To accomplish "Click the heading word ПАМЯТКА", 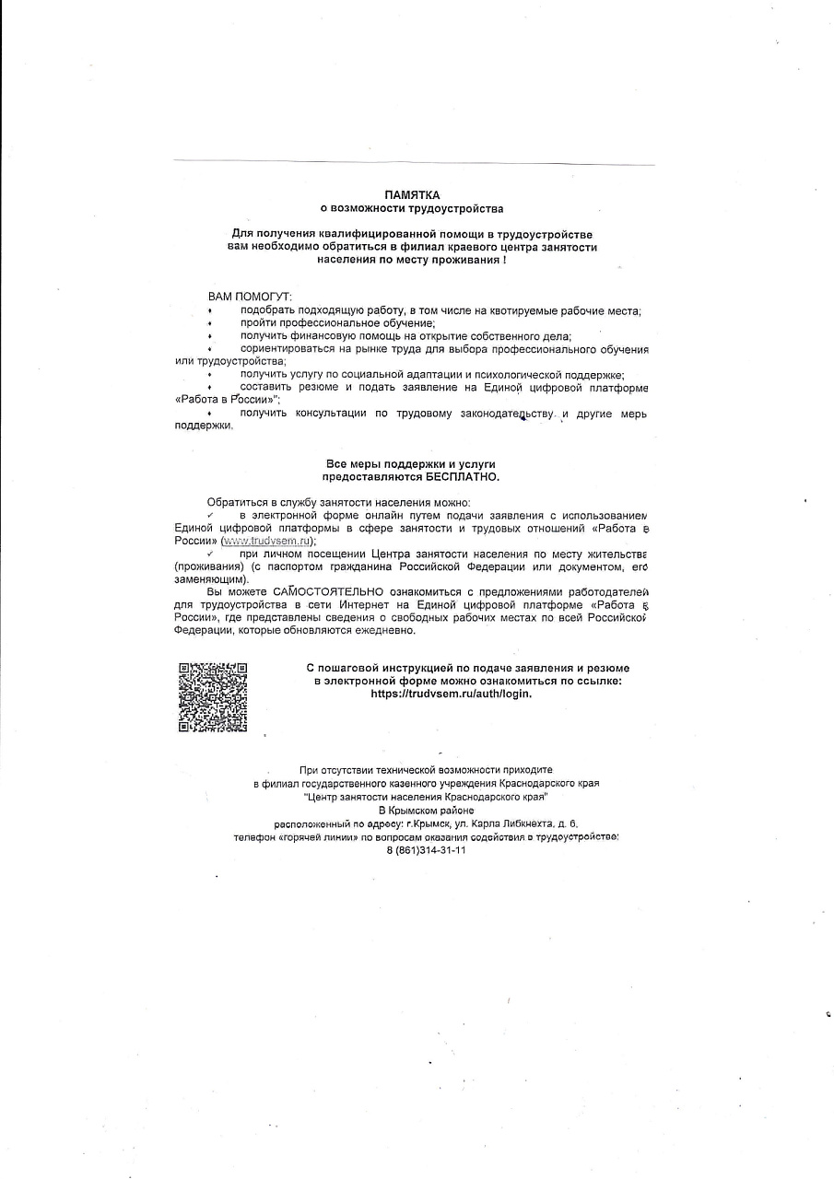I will [412, 195].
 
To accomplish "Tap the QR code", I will [212, 696].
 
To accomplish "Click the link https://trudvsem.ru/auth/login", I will [451, 694].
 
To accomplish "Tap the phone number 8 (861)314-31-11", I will [426, 850].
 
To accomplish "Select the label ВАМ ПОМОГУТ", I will [249, 298].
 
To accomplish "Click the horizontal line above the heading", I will [414, 164].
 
